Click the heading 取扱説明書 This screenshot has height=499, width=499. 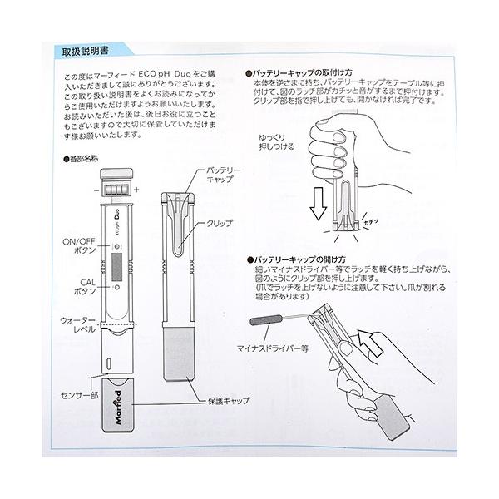tap(86, 52)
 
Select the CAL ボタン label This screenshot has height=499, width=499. tap(85, 287)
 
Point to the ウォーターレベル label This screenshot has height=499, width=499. tap(78, 325)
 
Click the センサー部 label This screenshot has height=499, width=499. tap(80, 395)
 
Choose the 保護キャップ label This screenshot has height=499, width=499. tap(229, 401)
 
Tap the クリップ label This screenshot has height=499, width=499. tap(220, 224)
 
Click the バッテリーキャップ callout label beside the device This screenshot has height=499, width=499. tap(223, 175)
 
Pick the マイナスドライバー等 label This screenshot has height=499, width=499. tap(273, 348)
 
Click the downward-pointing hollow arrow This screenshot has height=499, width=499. tap(318, 204)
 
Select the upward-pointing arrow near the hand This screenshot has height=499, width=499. tap(370, 343)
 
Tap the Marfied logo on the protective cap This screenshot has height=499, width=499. tap(118, 408)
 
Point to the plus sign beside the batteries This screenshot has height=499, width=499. tap(136, 190)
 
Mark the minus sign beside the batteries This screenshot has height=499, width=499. tap(96, 190)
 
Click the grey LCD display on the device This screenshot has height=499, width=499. tap(116, 267)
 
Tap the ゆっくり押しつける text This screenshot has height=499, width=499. tap(277, 142)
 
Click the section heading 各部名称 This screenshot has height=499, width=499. tap(81, 159)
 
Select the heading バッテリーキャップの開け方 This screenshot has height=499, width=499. tap(296, 259)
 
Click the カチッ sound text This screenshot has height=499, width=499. tap(371, 222)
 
